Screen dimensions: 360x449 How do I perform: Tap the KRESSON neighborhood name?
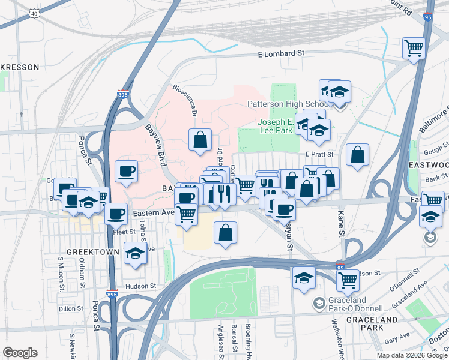[x=19, y=67]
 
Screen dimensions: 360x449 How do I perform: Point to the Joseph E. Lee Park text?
[x=279, y=126]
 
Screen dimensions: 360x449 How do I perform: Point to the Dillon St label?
[x=71, y=308]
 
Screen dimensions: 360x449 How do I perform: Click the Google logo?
[x=19, y=353]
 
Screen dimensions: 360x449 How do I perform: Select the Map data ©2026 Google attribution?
[x=411, y=355]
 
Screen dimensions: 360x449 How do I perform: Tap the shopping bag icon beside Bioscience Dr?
[x=200, y=140]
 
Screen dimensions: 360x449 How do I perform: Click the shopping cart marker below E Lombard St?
[x=414, y=48]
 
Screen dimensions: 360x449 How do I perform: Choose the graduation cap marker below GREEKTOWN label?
[x=135, y=254]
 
